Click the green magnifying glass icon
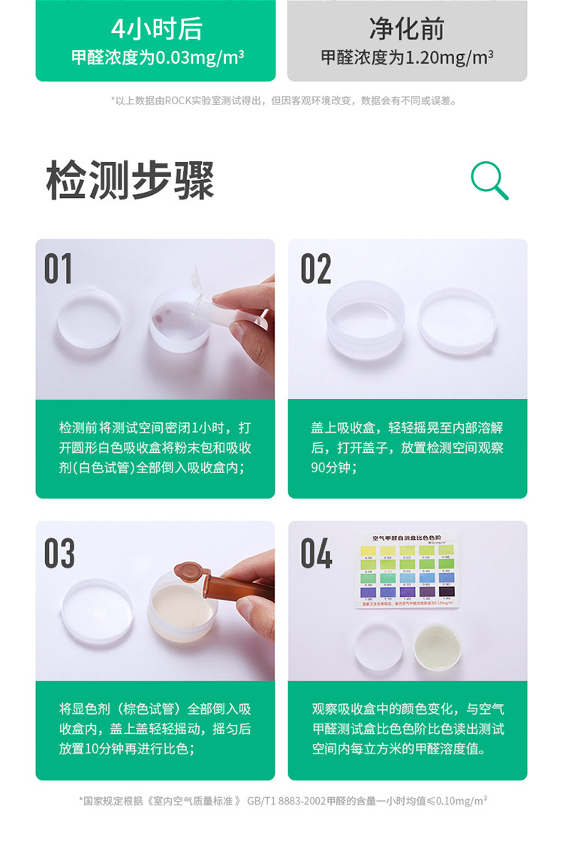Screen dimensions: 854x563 [x=489, y=181]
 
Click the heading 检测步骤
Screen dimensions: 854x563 [x=131, y=181]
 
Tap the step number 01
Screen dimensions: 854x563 [x=59, y=269]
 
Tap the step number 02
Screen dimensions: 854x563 [x=315, y=269]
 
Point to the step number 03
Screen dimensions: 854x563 [x=59, y=553]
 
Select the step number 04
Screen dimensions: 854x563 [x=316, y=553]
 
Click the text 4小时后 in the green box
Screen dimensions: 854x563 [x=156, y=29]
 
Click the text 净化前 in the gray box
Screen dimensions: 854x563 [x=406, y=29]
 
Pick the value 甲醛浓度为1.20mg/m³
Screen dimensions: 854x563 [x=406, y=58]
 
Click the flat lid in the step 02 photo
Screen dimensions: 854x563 [x=457, y=321]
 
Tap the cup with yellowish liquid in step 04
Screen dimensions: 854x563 [x=436, y=646]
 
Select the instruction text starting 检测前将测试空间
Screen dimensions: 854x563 [x=155, y=448]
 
